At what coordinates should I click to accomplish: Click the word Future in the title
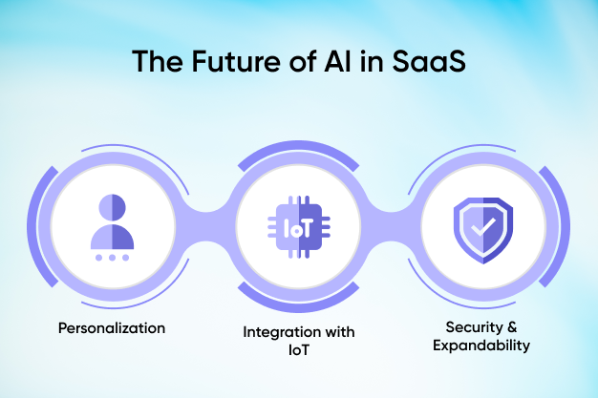(x=236, y=61)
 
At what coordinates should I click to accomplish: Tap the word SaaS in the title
(x=429, y=61)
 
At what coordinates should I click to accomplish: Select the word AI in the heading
(x=337, y=61)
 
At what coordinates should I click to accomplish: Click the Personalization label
(x=112, y=328)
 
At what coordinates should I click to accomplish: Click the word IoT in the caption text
(x=299, y=350)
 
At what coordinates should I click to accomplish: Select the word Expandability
(x=481, y=346)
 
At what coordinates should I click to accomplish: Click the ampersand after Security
(x=512, y=326)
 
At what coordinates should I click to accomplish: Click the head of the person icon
(x=112, y=207)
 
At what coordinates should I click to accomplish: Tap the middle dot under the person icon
(x=112, y=258)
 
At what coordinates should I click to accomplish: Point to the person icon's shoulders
(x=112, y=237)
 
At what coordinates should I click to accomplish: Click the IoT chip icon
(x=299, y=227)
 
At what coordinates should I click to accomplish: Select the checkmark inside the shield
(x=483, y=227)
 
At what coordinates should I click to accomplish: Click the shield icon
(x=483, y=230)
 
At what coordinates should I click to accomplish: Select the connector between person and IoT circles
(x=206, y=227)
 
